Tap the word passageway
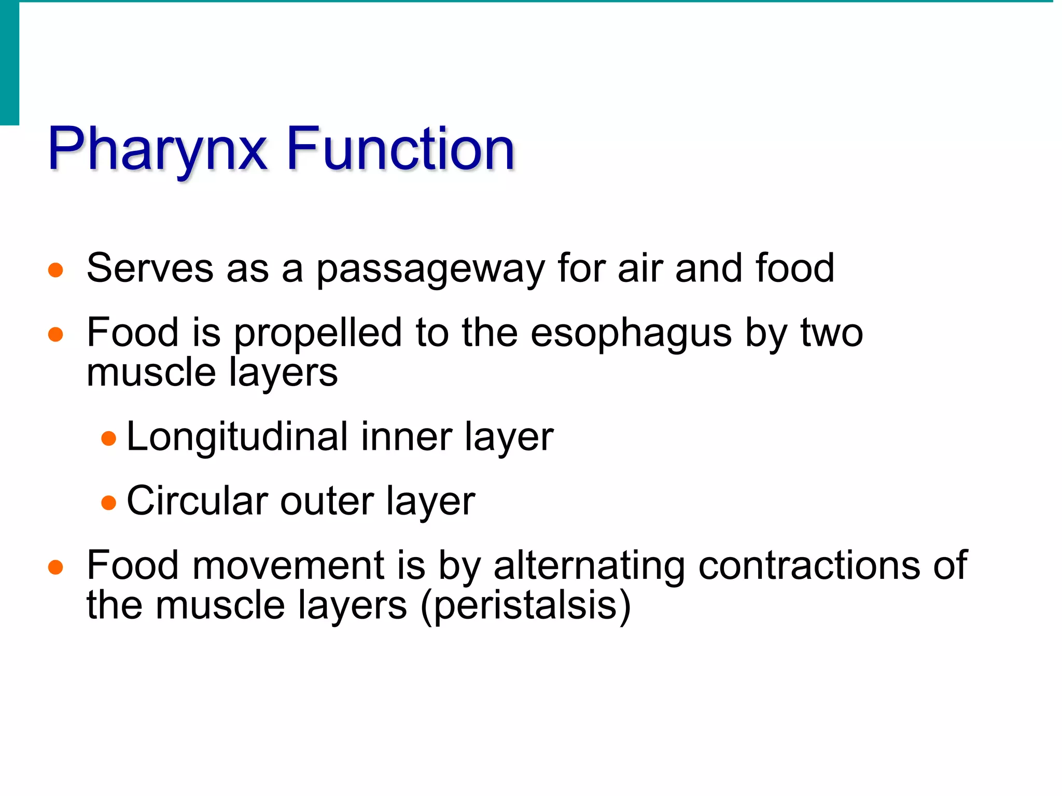pyautogui.click(x=430, y=269)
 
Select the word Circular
pyautogui.click(x=197, y=501)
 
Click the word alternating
pyautogui.click(x=589, y=566)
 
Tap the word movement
pyautogui.click(x=288, y=565)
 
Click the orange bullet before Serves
pyautogui.click(x=55, y=270)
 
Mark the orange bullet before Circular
pyautogui.click(x=108, y=503)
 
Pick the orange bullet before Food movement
pyautogui.click(x=55, y=567)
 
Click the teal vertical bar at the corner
pyautogui.click(x=9, y=62)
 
